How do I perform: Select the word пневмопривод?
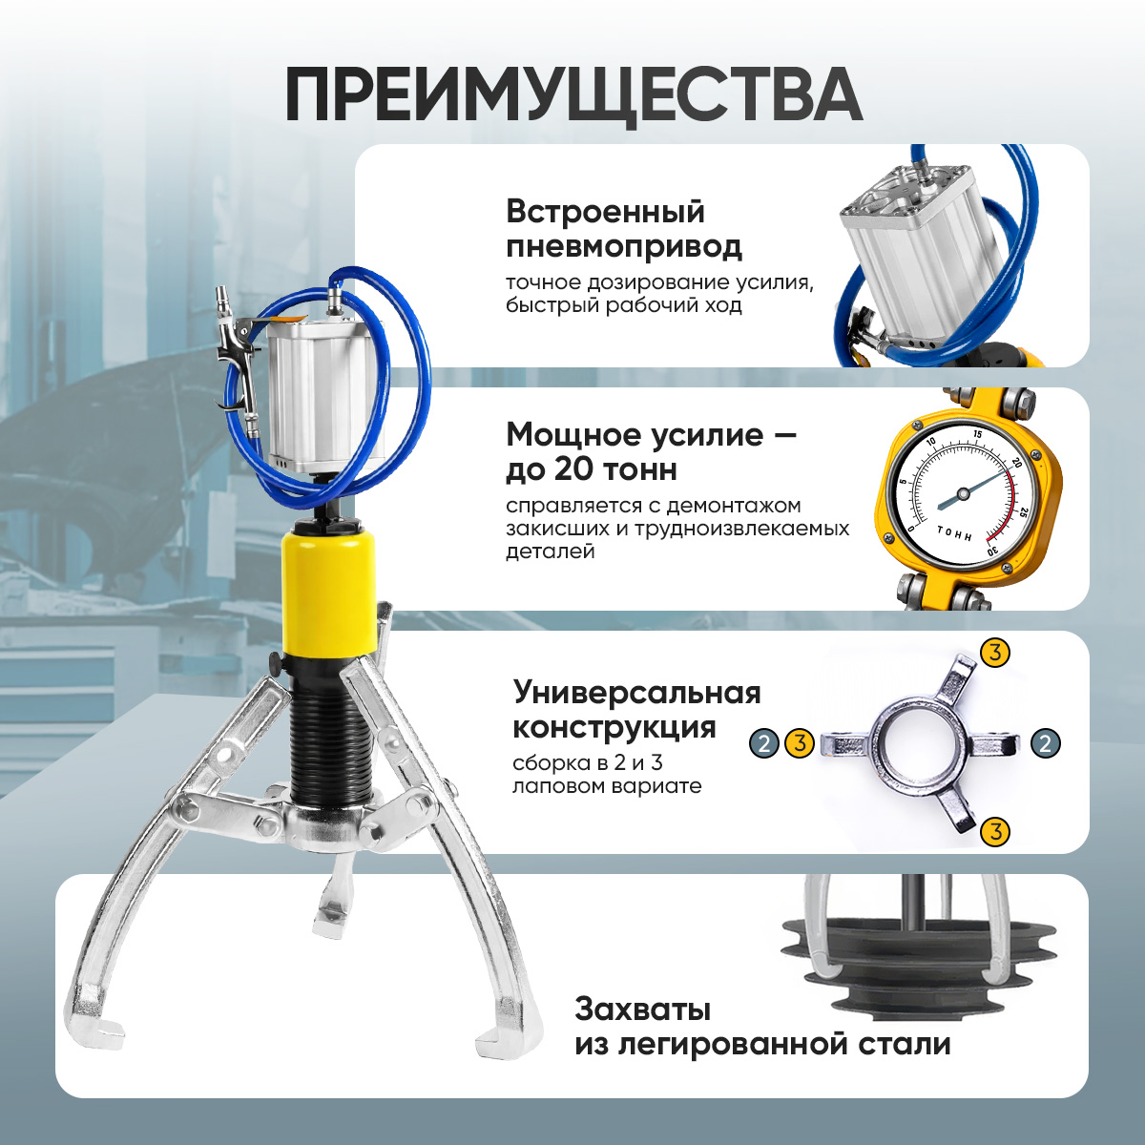pyautogui.click(x=624, y=247)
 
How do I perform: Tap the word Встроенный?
pyautogui.click(x=606, y=213)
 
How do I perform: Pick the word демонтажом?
pyautogui.click(x=734, y=507)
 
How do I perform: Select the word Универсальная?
pyautogui.click(x=637, y=693)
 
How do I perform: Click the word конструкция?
pyautogui.click(x=614, y=727)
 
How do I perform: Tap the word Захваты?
pyautogui.click(x=642, y=1010)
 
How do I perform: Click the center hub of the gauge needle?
pyautogui.click(x=963, y=492)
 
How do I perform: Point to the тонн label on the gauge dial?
pyautogui.click(x=955, y=533)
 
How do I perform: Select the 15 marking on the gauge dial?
pyautogui.click(x=977, y=435)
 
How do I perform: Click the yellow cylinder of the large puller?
pyautogui.click(x=328, y=593)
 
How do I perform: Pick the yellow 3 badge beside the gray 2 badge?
pyautogui.click(x=800, y=742)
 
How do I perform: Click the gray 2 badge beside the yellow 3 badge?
pyautogui.click(x=764, y=742)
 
